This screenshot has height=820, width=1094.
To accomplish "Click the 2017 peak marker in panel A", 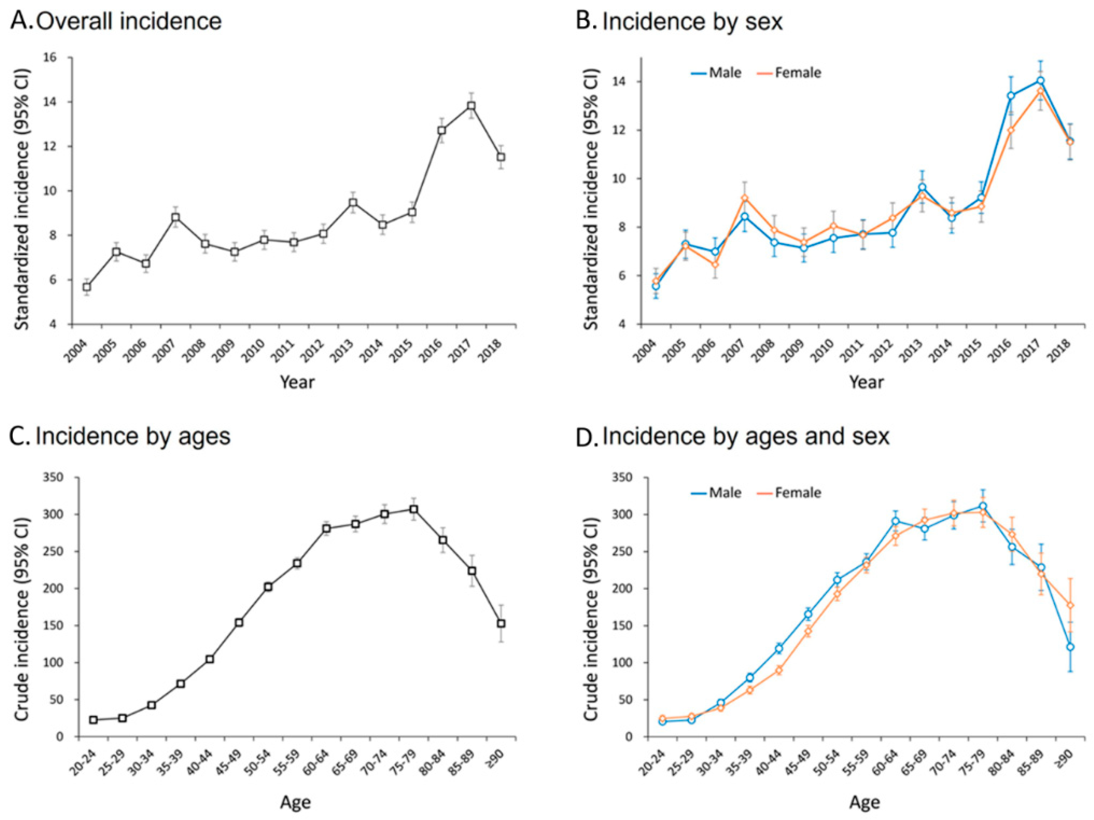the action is [x=472, y=106].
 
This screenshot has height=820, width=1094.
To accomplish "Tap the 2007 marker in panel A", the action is [x=176, y=217].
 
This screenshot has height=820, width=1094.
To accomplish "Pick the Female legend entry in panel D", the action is [x=789, y=492].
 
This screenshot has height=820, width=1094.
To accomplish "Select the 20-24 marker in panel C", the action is [x=94, y=720].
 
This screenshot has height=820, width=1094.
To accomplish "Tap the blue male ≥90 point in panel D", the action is [x=1070, y=647].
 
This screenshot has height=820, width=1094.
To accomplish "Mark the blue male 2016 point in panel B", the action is [x=1011, y=96].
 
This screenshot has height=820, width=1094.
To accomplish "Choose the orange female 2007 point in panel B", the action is [x=745, y=198].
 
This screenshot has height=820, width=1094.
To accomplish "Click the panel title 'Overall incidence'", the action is [x=129, y=21].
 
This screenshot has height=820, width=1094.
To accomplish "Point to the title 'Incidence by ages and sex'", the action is [x=746, y=437].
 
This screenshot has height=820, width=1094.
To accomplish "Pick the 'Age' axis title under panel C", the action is [x=296, y=803].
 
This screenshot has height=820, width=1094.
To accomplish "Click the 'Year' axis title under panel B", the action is [x=867, y=382].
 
